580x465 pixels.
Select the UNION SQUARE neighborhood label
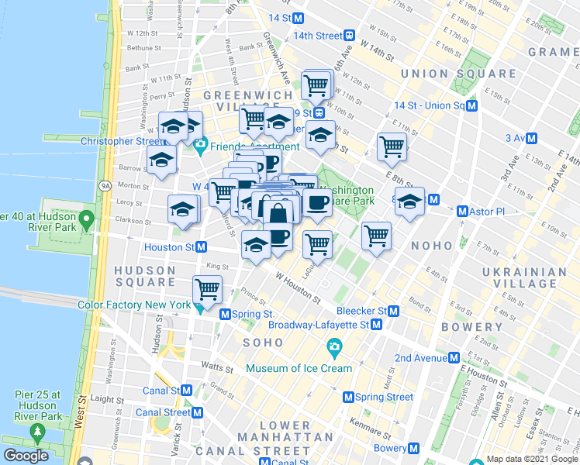pos(458,74)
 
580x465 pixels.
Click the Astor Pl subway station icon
pos(463,211)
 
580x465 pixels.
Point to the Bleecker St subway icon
pos(393,311)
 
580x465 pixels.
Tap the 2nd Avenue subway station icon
pos(452,357)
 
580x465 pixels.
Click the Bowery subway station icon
pos(413,449)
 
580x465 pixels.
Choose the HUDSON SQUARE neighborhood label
pos(146,276)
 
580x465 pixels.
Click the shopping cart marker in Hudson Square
pos(207,289)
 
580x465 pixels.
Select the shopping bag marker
pos(278,211)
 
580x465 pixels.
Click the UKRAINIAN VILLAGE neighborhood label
pos(524,279)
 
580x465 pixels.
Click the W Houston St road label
pos(298,287)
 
